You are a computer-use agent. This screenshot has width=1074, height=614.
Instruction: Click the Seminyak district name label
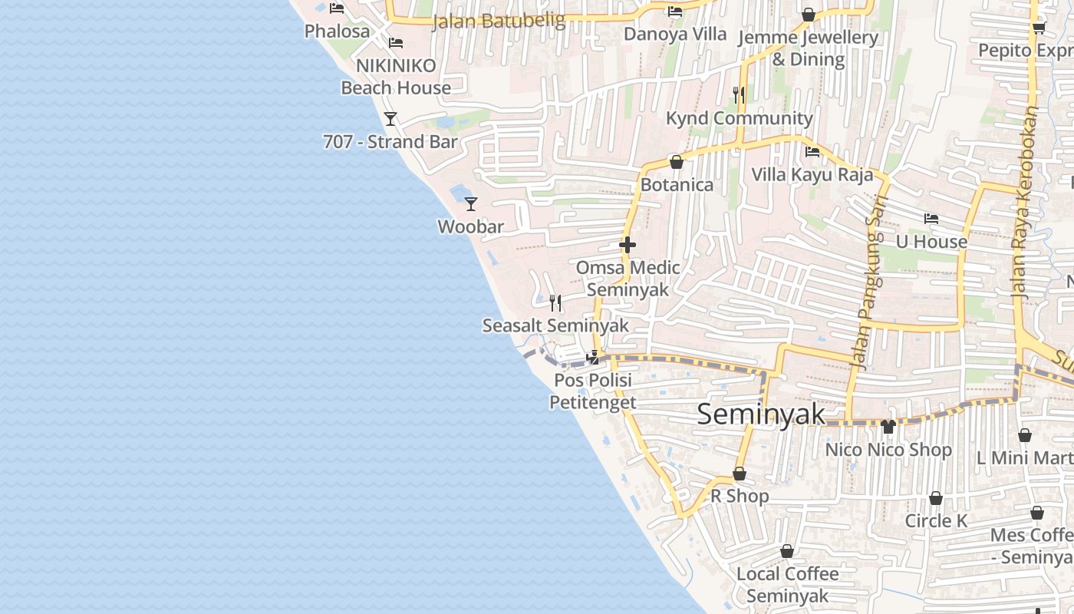pos(761,414)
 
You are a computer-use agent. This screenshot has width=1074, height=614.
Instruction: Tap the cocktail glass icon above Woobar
pos(471,204)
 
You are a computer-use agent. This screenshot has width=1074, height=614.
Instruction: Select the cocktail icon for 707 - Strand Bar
pos(390,119)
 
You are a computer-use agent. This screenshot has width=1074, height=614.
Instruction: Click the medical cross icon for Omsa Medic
pos(628,245)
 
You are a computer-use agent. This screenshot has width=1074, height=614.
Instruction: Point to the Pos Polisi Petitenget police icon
pos(592,357)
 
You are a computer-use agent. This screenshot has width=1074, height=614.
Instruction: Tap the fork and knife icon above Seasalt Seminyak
pos(555,302)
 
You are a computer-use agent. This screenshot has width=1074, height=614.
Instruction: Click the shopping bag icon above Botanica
pos(677,162)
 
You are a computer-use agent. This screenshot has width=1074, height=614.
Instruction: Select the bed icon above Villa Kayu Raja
pos(812,152)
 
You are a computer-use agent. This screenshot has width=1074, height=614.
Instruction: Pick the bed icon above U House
pos(931,219)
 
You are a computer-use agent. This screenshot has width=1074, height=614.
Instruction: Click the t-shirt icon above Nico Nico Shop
pos(888,427)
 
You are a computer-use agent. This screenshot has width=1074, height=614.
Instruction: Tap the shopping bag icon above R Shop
pos(740,474)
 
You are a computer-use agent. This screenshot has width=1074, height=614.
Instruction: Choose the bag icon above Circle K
pos(936,499)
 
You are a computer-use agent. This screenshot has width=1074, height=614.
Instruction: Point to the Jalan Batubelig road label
pos(499,21)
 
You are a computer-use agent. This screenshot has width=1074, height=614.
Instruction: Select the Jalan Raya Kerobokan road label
pos(1028,201)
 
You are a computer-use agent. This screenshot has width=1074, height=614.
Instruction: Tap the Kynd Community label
pos(739,118)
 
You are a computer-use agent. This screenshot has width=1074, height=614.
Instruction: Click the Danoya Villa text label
pos(675,34)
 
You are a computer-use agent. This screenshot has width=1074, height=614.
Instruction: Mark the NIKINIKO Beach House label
pos(396,77)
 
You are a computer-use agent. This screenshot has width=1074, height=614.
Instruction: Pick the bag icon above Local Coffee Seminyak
pos(787,551)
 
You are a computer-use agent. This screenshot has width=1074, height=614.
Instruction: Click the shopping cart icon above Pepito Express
pos(1039,28)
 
